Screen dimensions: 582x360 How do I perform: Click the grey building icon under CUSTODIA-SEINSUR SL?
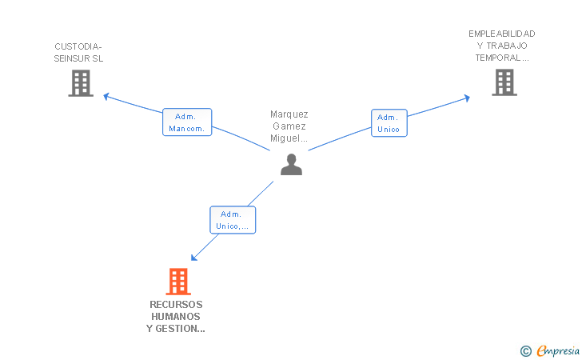click(x=81, y=83)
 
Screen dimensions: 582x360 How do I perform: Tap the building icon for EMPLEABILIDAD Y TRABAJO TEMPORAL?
click(x=504, y=82)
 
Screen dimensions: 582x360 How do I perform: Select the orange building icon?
click(x=178, y=282)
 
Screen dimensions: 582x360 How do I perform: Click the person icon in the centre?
click(x=291, y=164)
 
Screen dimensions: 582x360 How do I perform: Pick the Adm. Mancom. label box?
click(x=187, y=122)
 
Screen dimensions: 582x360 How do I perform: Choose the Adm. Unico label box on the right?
click(x=389, y=123)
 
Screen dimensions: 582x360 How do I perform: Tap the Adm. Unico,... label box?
click(x=233, y=220)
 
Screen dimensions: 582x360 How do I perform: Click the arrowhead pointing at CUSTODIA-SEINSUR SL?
click(x=106, y=97)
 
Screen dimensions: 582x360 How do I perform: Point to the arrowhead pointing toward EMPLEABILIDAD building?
click(x=467, y=98)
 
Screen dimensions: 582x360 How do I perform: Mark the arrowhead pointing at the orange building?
click(x=193, y=258)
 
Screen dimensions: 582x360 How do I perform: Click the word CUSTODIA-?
click(x=78, y=47)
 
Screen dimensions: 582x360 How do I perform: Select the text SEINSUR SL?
click(x=78, y=58)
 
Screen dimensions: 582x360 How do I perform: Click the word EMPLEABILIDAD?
click(x=502, y=34)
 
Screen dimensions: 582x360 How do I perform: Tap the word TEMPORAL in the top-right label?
click(x=498, y=58)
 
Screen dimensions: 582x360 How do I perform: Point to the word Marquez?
click(x=289, y=114)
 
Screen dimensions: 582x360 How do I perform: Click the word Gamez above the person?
click(x=289, y=126)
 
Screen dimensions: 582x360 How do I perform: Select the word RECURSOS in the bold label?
click(x=176, y=305)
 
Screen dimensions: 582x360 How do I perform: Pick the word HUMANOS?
click(x=176, y=317)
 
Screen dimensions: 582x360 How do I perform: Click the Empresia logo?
click(x=558, y=351)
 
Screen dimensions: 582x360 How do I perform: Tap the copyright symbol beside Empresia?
click(x=526, y=351)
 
